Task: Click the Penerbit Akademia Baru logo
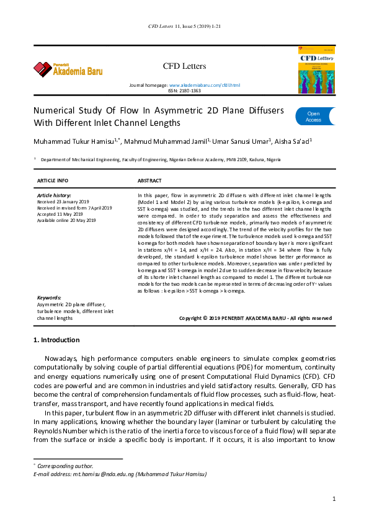[x=68, y=69]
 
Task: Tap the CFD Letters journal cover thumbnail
[x=316, y=70]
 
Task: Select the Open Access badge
[x=315, y=117]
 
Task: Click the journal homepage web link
[x=205, y=85]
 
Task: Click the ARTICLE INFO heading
[x=53, y=181]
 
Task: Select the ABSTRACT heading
[x=149, y=181]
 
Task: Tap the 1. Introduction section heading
[x=56, y=340]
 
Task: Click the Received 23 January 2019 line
[x=63, y=201]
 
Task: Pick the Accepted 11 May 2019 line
[x=60, y=214]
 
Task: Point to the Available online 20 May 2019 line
[x=66, y=220]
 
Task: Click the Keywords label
[x=49, y=298]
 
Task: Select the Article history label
[x=54, y=195]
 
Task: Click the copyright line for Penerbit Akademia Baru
[x=256, y=318]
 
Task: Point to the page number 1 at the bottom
[x=334, y=498]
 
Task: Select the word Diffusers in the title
[x=267, y=110]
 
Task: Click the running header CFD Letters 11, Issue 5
[x=185, y=26]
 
